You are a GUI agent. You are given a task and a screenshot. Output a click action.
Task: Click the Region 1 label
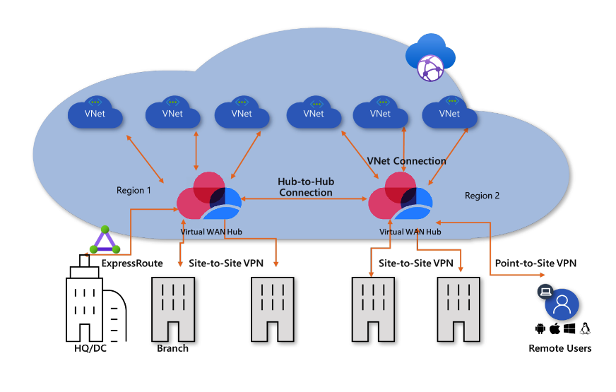[134, 190]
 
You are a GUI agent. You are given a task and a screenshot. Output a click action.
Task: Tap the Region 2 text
[482, 196]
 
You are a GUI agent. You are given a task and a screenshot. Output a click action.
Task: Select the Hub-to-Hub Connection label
[305, 187]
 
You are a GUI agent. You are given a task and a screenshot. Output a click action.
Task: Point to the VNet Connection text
[407, 160]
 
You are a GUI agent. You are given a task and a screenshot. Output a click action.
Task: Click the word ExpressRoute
[132, 263]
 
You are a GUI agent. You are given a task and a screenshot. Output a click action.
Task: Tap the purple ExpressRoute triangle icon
[105, 241]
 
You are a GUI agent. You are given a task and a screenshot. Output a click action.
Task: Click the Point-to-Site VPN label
[535, 263]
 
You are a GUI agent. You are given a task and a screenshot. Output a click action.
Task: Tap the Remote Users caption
[559, 348]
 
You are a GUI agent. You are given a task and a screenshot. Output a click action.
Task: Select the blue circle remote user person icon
[561, 304]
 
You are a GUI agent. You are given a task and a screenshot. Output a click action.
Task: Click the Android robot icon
[540, 329]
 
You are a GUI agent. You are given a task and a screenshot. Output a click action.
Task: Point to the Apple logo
[555, 329]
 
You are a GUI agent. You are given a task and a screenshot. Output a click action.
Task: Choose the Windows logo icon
[569, 329]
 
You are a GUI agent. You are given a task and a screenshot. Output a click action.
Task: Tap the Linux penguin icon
[586, 329]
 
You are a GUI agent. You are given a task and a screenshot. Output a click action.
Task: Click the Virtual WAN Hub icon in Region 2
[399, 197]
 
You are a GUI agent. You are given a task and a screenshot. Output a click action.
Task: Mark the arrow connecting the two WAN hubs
[305, 201]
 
